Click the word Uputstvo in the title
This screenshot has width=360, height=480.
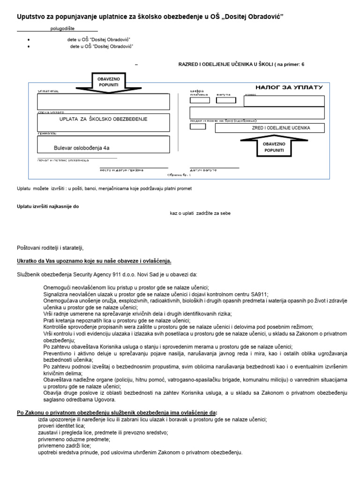pos(32,17)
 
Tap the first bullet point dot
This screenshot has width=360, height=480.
pos(29,40)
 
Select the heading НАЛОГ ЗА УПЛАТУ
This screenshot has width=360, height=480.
pos(289,88)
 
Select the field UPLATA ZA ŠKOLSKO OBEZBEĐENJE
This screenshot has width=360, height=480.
pos(103,120)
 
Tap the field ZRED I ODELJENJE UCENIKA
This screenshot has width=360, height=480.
pos(270,128)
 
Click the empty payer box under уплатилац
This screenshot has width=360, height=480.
pos(103,101)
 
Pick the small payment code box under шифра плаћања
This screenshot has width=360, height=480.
pos(199,100)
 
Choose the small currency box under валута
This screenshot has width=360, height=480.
pos(225,100)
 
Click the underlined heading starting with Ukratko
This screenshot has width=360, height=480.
pos(94,261)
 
